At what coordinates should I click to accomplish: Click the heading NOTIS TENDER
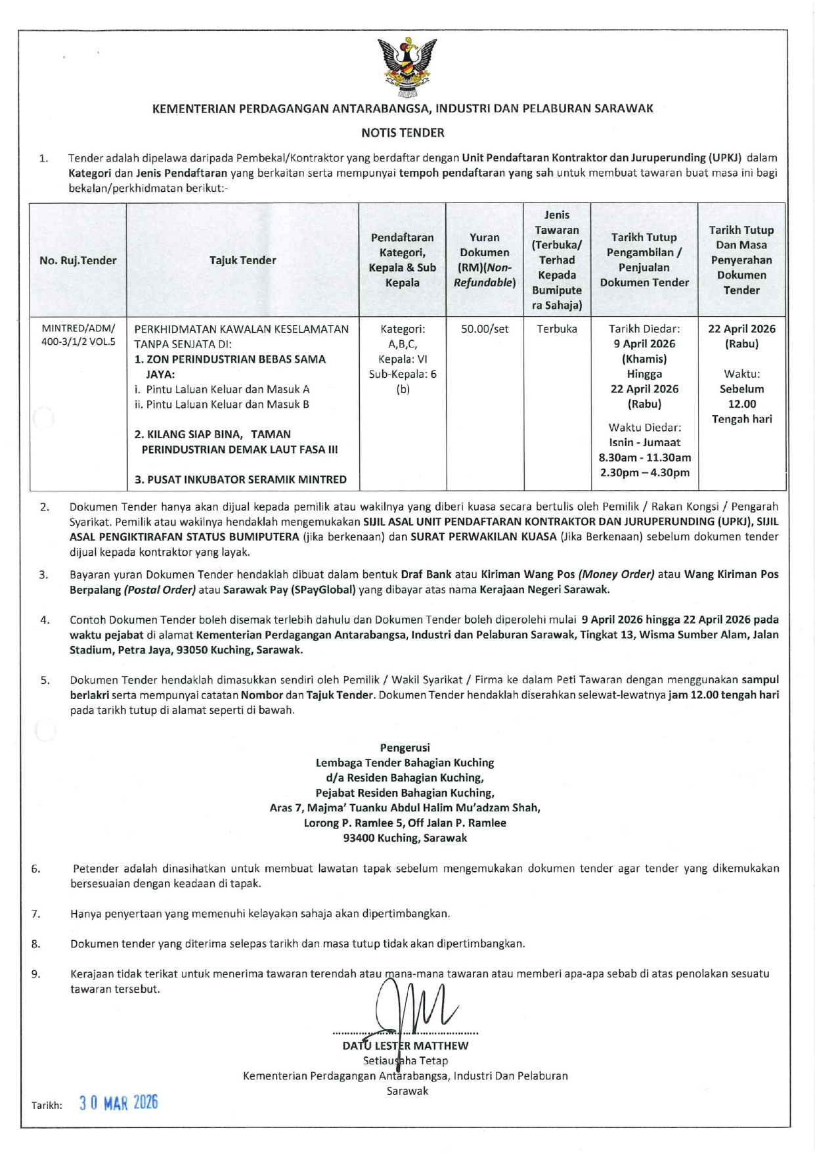[x=403, y=133]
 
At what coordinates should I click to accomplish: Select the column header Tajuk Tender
[x=242, y=260]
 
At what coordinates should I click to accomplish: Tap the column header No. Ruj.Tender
[x=78, y=260]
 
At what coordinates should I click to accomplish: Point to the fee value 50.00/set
[x=485, y=329]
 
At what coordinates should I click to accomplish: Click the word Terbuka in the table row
[x=557, y=329]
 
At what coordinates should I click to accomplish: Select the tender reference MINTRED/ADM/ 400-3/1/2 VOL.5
[x=78, y=335]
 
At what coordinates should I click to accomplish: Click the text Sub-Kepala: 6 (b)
[x=403, y=382]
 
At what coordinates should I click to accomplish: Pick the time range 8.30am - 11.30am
[x=644, y=458]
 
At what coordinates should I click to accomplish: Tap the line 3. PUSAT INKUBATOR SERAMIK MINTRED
[x=240, y=480]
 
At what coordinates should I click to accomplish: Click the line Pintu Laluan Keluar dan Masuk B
[x=222, y=405]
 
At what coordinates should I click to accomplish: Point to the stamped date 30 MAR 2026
[x=119, y=1103]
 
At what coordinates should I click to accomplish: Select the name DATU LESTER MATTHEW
[x=405, y=1046]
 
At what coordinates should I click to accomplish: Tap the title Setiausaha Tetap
[x=405, y=1061]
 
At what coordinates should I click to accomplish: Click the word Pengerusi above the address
[x=405, y=748]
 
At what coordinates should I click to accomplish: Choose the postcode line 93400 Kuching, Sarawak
[x=405, y=838]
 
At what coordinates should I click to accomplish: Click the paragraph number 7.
[x=35, y=914]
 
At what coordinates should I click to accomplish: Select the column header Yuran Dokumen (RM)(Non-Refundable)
[x=485, y=260]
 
